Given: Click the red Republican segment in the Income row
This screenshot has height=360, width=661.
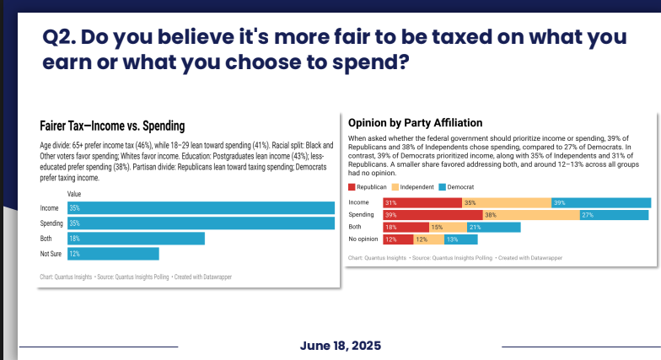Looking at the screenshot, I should [x=422, y=202].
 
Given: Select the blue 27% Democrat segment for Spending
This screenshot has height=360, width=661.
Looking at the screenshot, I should [x=615, y=215].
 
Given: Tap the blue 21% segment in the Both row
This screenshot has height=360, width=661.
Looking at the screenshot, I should [x=493, y=227].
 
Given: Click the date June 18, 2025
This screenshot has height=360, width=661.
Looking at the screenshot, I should [x=340, y=346].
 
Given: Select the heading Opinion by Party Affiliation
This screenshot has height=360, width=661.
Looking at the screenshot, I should [x=415, y=122].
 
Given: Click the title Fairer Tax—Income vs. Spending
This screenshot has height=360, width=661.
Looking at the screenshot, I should [x=112, y=126].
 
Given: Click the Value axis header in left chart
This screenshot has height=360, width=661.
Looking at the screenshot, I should [x=73, y=194].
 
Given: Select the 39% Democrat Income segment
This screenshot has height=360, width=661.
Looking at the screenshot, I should [x=601, y=202].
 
